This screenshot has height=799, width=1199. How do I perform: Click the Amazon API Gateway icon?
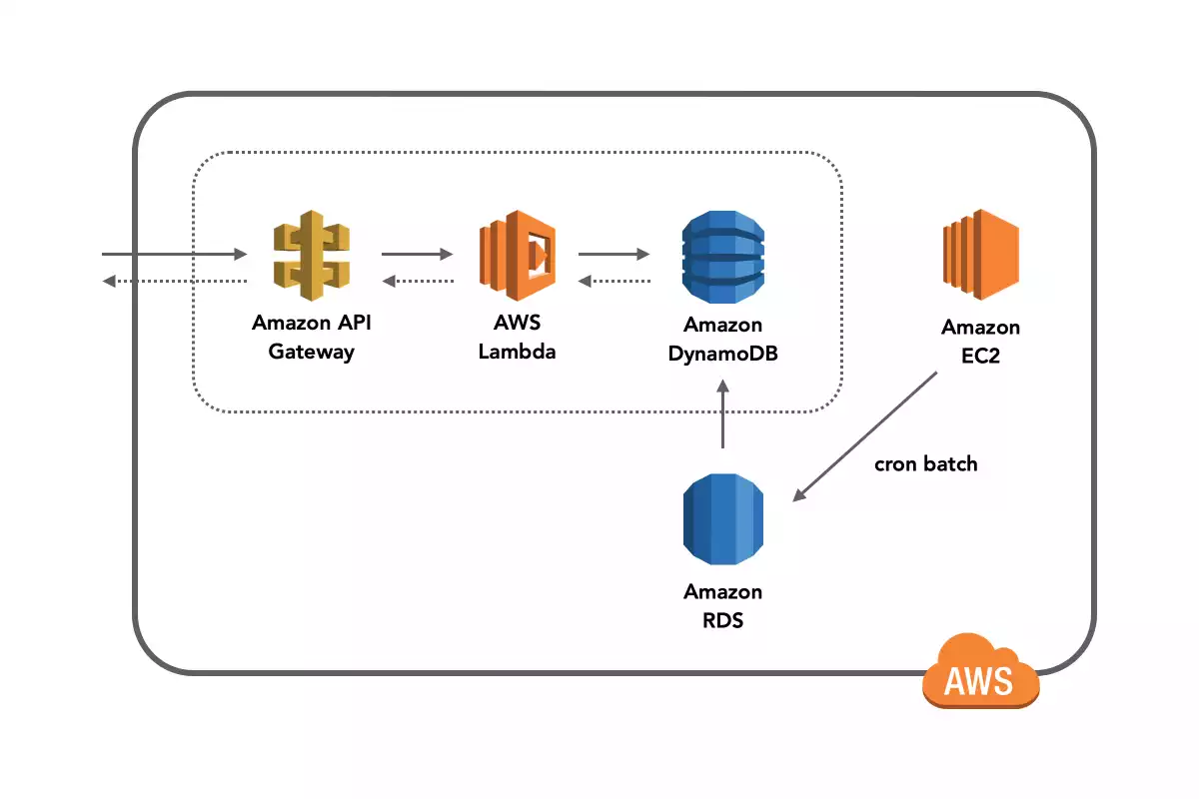pos(313,255)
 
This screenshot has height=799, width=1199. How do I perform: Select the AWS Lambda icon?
pos(517,256)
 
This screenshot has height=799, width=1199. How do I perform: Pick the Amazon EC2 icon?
pos(980,255)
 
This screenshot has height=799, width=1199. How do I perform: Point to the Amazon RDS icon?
pos(722,520)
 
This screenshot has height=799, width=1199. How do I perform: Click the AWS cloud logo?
pos(979,671)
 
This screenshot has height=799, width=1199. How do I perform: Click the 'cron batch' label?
pos(926,463)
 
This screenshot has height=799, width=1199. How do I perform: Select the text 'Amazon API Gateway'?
pos(311,338)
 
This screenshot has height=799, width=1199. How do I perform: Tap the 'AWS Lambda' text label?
pos(517,338)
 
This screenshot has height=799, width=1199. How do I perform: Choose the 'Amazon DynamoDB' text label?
pos(722,339)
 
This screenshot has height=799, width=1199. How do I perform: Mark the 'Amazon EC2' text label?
pos(980,342)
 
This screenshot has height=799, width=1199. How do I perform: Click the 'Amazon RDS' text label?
pos(722,605)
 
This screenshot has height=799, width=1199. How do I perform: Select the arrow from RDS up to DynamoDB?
pos(722,419)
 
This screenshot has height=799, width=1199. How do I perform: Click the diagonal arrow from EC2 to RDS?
pos(865,436)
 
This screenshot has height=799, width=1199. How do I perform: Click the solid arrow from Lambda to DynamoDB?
pos(614,255)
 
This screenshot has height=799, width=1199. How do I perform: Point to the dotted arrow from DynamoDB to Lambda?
pos(614,281)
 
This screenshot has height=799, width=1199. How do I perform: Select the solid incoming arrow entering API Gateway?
pos(174,255)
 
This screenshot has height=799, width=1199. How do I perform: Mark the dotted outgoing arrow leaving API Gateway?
pos(174,281)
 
